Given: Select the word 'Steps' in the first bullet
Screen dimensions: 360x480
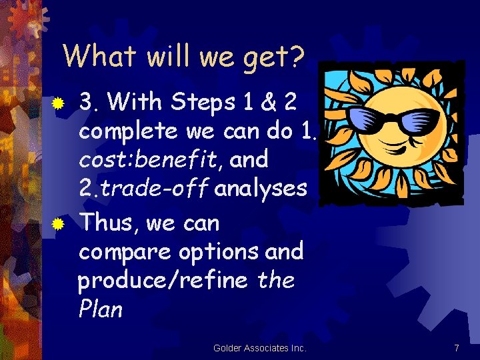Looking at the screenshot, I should coord(201,102).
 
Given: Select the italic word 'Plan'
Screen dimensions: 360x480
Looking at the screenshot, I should coord(100,309).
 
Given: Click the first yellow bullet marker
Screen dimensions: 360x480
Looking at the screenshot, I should coord(59,103).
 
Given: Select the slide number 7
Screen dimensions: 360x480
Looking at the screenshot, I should coord(456,348).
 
